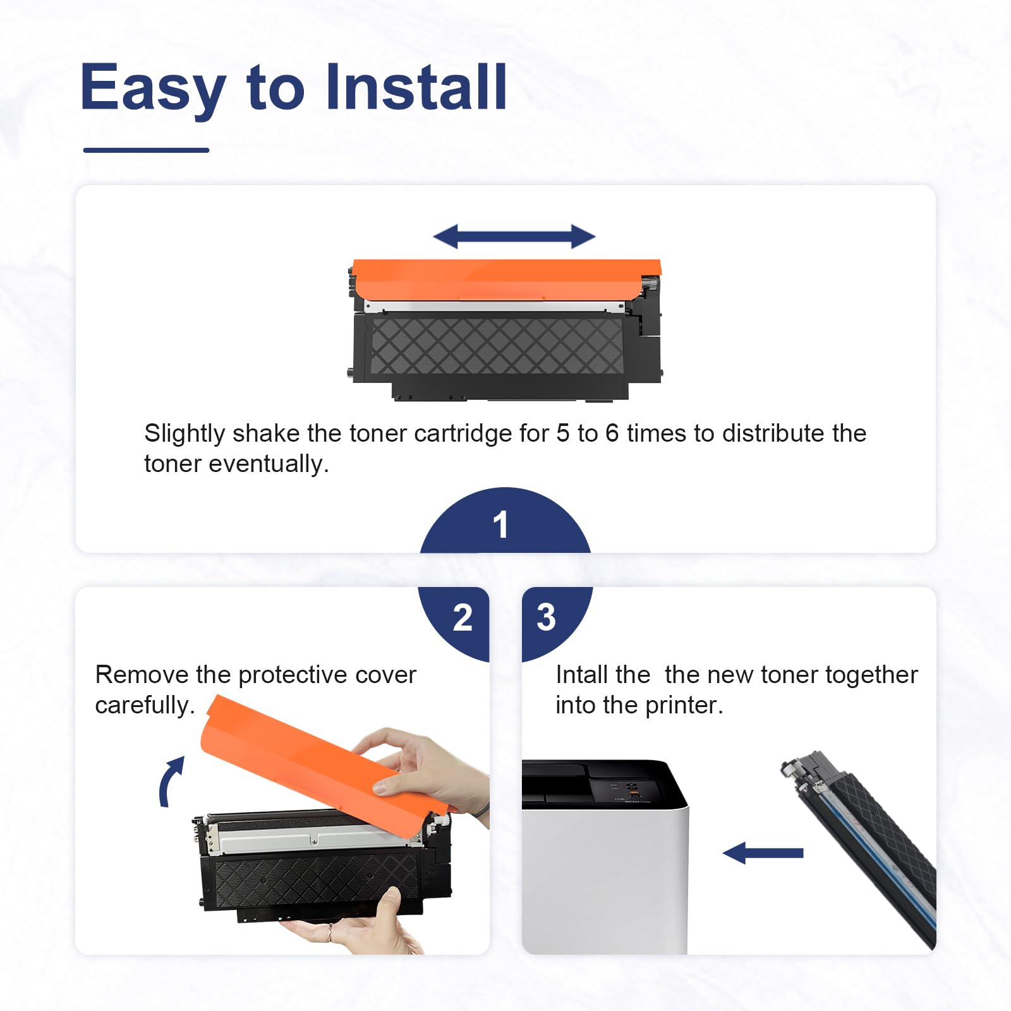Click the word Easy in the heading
(x=153, y=89)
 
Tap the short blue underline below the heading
(x=146, y=150)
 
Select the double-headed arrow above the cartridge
(x=514, y=237)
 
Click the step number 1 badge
(x=505, y=521)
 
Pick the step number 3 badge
(x=552, y=619)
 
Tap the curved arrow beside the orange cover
(x=171, y=782)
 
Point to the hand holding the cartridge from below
(x=354, y=926)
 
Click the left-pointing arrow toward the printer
(x=763, y=852)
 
